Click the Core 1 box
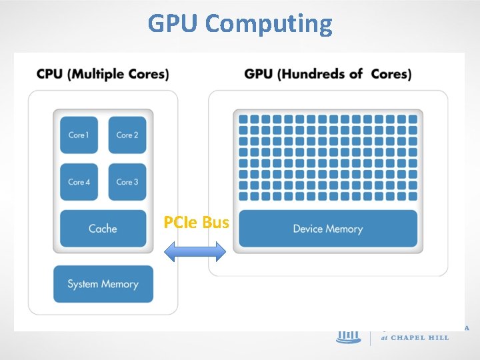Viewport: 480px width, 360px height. point(79,135)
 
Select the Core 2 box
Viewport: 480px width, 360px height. point(127,135)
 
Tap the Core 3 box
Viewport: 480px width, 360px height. point(127,182)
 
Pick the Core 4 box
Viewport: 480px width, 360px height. point(79,182)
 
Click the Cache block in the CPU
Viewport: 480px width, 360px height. point(103,229)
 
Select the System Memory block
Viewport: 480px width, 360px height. point(103,284)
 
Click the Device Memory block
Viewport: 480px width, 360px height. point(327,229)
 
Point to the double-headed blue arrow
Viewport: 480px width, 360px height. point(195,252)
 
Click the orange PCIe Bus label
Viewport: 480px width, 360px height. point(196,223)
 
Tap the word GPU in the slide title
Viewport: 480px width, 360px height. point(174,23)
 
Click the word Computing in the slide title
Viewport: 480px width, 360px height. point(269,24)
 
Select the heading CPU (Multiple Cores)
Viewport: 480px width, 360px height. point(103,73)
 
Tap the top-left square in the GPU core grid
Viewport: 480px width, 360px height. point(243,119)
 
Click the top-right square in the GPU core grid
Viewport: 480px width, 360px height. point(411,119)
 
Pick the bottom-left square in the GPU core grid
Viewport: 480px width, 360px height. point(243,197)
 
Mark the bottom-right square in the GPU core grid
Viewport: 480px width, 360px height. point(411,197)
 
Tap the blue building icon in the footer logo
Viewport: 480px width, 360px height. point(347,335)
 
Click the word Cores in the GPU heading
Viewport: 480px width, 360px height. point(391,73)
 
